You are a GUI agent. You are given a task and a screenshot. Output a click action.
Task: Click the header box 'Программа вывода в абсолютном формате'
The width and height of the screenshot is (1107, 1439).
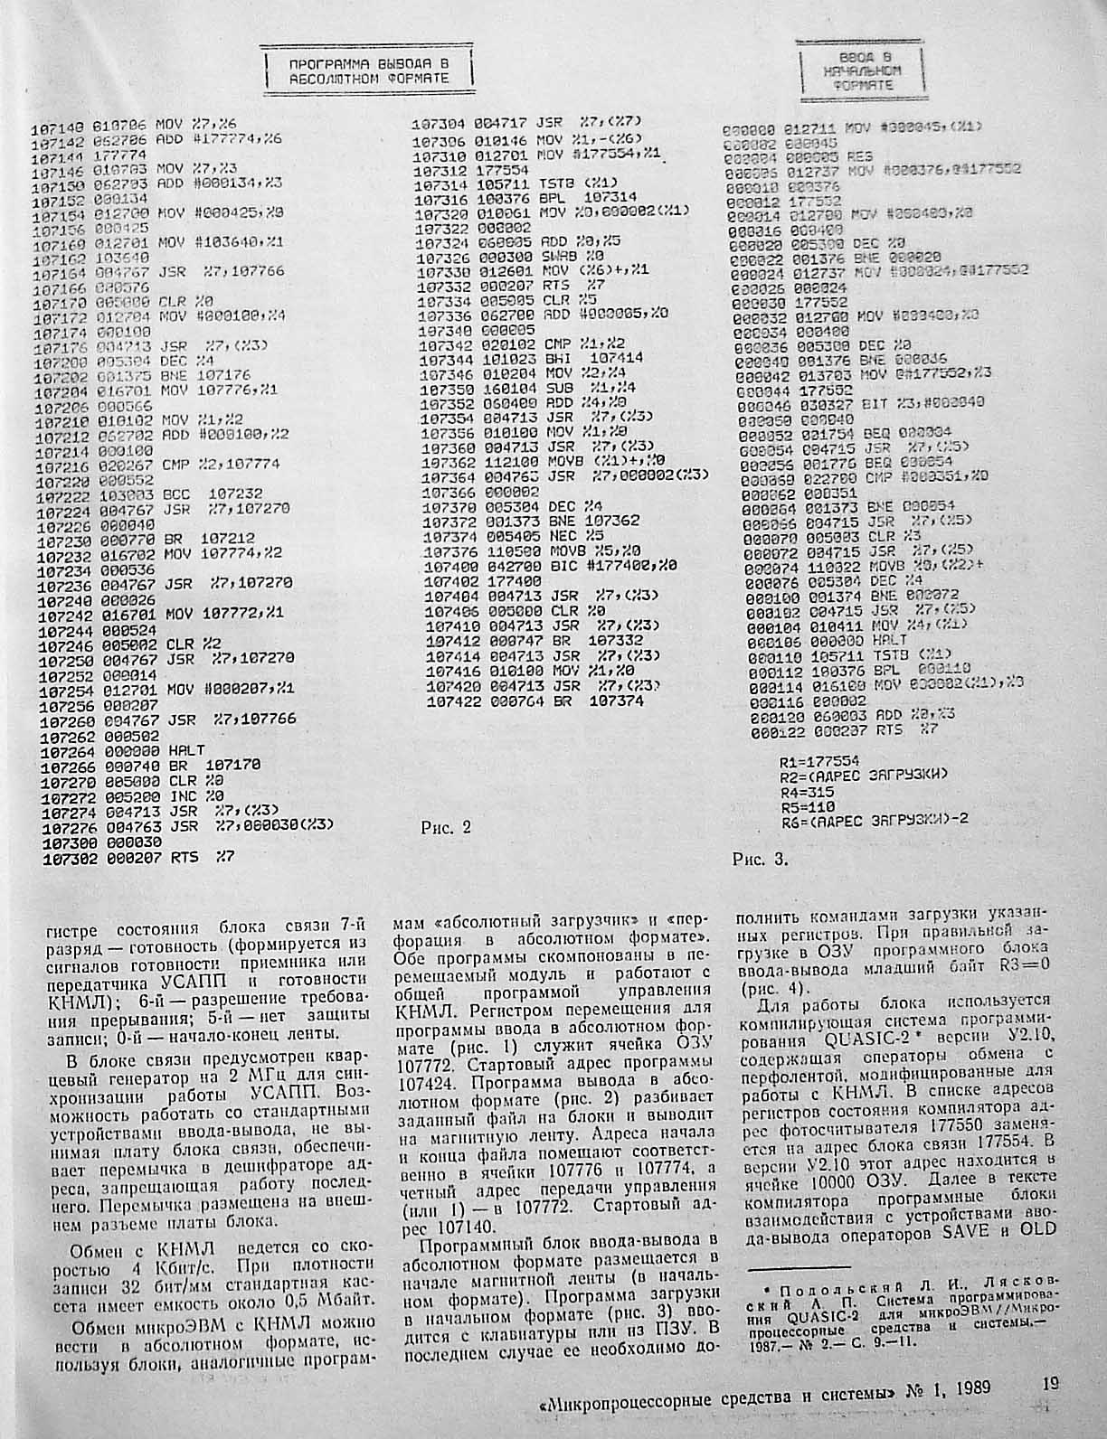pyautogui.click(x=370, y=71)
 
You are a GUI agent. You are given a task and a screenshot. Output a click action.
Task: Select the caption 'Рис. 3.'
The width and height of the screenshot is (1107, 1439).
pyautogui.click(x=760, y=860)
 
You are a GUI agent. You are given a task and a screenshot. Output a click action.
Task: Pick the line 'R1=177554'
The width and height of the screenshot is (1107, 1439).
pyautogui.click(x=819, y=762)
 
